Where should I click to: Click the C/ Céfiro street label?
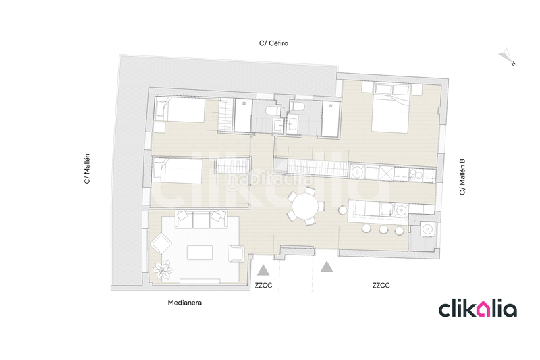point(274,43)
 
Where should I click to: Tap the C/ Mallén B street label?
point(462,177)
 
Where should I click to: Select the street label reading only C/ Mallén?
point(87,169)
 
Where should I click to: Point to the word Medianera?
point(185,303)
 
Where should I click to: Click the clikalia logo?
point(478,309)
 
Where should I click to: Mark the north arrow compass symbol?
point(505,57)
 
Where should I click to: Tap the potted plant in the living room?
point(162,269)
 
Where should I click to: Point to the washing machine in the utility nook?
point(426,230)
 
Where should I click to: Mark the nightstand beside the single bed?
point(159,127)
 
